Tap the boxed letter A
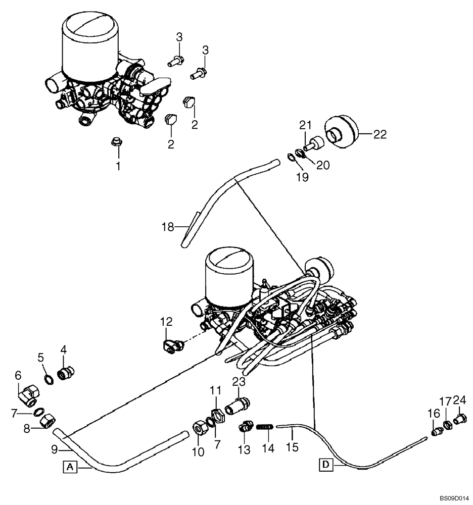(70, 468)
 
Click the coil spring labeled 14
(264, 427)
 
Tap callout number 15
(292, 447)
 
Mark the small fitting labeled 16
(436, 431)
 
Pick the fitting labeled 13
(244, 428)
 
